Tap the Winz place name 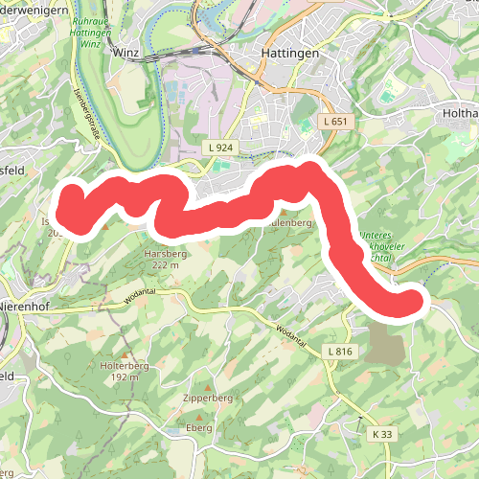pos(126,55)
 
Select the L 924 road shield pos(220,148)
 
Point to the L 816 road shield pos(339,354)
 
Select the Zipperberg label pos(208,398)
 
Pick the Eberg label pos(198,427)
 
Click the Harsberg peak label pos(161,254)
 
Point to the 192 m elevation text pos(125,377)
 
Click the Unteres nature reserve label pos(376,236)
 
